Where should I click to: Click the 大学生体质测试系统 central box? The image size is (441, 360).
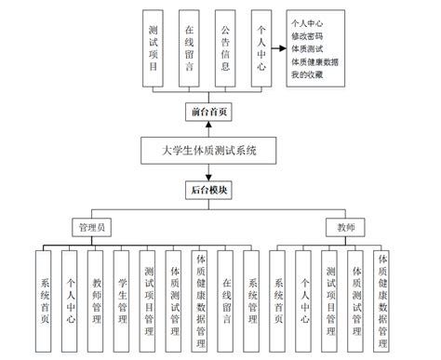tap(209, 151)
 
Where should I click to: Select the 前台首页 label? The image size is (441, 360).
tap(208, 112)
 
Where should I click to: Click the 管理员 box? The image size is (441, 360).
tap(93, 227)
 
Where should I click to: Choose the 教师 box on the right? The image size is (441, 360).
tap(345, 227)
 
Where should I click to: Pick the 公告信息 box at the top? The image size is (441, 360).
tap(226, 48)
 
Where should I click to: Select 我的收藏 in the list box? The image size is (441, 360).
tap(310, 73)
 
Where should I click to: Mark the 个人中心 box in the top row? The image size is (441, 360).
tap(261, 48)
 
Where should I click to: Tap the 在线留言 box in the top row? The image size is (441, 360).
tap(189, 48)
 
